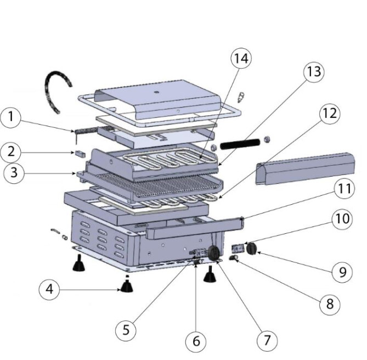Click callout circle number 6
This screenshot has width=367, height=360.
(x=195, y=342)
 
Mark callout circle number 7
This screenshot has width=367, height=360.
(x=267, y=340)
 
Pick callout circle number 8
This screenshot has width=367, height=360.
(x=329, y=304)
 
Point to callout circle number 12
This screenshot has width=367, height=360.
(x=328, y=114)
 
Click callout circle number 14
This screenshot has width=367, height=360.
(x=242, y=58)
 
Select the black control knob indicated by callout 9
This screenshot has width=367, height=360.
(x=252, y=249)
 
